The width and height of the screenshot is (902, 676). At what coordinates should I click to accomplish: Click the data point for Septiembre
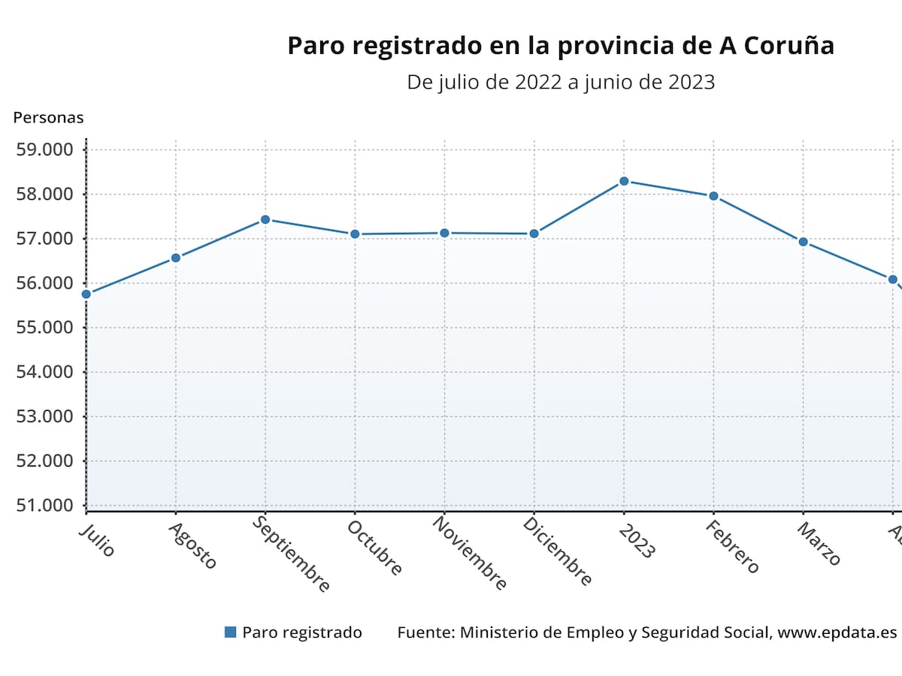[265, 219]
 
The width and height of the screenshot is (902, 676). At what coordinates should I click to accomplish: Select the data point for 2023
[624, 181]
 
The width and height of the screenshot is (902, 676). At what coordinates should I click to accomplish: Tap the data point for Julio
[86, 294]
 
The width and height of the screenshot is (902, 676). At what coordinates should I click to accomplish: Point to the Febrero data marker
[713, 196]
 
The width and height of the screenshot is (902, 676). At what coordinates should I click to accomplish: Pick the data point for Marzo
[803, 242]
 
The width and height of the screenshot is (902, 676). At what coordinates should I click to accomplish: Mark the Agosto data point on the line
[176, 258]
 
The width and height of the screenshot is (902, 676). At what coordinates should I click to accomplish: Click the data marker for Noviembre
[444, 233]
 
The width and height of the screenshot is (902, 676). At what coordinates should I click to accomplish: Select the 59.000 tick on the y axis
[45, 149]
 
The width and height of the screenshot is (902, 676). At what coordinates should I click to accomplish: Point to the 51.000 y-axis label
[45, 505]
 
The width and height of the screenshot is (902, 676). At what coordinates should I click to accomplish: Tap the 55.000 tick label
[45, 327]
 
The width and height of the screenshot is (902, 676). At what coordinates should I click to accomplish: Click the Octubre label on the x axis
[374, 548]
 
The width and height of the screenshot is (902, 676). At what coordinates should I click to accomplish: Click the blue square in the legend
[231, 632]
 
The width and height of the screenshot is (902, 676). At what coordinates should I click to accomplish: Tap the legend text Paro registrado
[301, 632]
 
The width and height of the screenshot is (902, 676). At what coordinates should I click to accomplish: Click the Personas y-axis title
[48, 117]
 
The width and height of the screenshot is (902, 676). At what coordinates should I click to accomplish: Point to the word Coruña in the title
[789, 46]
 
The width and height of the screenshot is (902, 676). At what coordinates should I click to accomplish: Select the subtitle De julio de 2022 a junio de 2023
[560, 82]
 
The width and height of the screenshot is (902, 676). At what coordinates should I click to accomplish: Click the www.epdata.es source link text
[837, 632]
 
